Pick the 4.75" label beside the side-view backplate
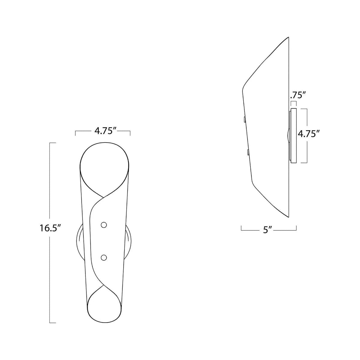click(307, 134)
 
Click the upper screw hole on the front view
click(104, 225)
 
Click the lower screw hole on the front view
click(104, 257)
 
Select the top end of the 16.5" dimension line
click(52, 142)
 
